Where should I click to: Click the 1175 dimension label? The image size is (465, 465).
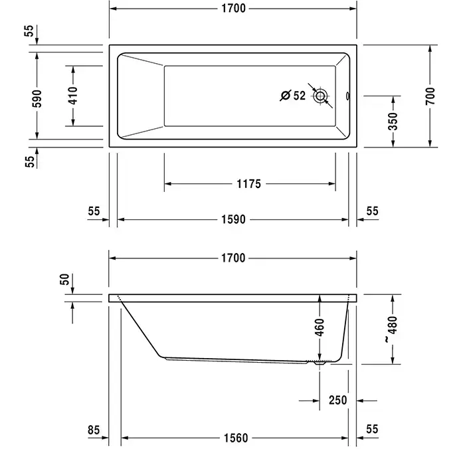(x=248, y=184)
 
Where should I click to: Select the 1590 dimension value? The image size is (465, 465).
(x=233, y=219)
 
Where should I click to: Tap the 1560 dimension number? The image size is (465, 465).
(x=236, y=438)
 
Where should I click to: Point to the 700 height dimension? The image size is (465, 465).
(x=430, y=96)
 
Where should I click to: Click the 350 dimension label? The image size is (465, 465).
(x=393, y=122)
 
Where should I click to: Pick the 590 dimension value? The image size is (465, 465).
(x=37, y=98)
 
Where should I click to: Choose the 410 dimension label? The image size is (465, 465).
(x=73, y=96)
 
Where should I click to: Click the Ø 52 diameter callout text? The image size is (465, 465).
(x=293, y=96)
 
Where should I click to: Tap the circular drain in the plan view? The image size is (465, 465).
(x=320, y=96)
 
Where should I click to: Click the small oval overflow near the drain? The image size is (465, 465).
(x=347, y=96)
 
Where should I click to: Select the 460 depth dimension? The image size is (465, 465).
(x=320, y=327)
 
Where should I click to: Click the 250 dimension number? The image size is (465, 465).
(x=337, y=401)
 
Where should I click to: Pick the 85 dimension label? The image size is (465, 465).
(x=94, y=430)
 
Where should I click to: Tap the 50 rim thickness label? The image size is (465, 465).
(x=64, y=279)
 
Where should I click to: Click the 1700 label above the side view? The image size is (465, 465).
(x=233, y=258)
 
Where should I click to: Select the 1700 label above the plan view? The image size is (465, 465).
(x=233, y=8)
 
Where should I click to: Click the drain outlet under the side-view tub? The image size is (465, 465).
(x=320, y=363)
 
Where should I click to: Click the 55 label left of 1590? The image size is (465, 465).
(x=94, y=211)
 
